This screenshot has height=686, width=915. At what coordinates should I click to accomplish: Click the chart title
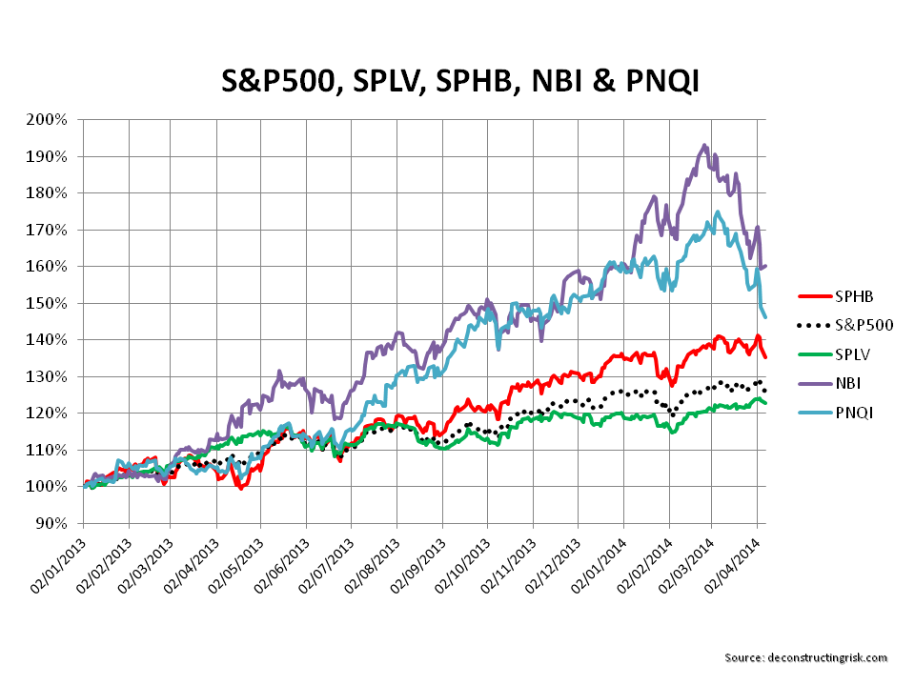pyautogui.click(x=457, y=81)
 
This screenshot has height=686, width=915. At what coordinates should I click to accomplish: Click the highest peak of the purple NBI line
pyautogui.click(x=704, y=146)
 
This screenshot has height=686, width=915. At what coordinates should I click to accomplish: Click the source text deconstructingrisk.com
pyautogui.click(x=805, y=657)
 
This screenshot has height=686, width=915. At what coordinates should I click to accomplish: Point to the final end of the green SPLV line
pyautogui.click(x=765, y=404)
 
